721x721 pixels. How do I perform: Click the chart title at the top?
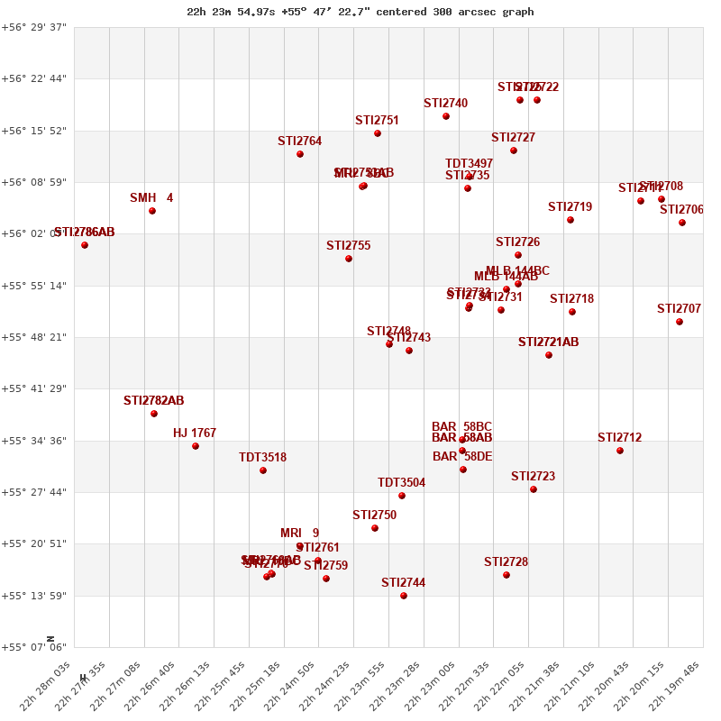[x=360, y=12]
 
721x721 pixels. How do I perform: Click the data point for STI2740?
[x=446, y=116]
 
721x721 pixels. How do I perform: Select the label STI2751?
[x=377, y=120]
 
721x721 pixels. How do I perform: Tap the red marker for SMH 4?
[x=152, y=211]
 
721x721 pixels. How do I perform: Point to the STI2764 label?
[x=299, y=141]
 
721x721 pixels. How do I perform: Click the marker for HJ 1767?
[x=196, y=446]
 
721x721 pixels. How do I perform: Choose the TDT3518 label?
[x=262, y=457]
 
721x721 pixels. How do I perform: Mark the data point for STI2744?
[x=404, y=596]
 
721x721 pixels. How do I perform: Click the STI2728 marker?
[x=507, y=575]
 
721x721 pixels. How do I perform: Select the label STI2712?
[x=619, y=437]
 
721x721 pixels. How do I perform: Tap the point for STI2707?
[x=680, y=322]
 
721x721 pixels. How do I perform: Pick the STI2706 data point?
[x=682, y=223]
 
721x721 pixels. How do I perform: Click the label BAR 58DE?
[x=462, y=456]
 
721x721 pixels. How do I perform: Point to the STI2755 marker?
[x=349, y=259]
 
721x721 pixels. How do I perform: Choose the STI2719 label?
[x=570, y=206]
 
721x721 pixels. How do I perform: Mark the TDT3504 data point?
[x=402, y=496]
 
